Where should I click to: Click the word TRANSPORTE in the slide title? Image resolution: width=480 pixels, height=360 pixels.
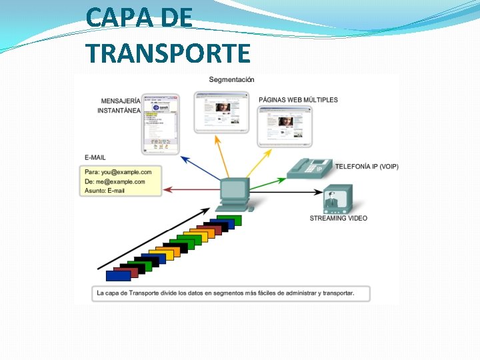click(168, 52)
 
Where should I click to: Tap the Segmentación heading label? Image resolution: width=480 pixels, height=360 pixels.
click(231, 80)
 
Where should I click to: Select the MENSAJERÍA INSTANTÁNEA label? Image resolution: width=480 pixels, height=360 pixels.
click(120, 105)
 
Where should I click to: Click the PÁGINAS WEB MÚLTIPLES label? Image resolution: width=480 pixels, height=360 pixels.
click(298, 100)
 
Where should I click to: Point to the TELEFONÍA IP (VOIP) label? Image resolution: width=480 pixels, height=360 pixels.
click(367, 167)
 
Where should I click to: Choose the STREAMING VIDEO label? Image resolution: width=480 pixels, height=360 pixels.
click(338, 218)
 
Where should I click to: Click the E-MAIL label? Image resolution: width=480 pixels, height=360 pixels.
click(95, 157)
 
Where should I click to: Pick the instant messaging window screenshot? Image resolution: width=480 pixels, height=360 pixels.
click(161, 123)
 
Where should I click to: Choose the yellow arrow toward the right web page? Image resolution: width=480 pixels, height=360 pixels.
click(257, 163)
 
